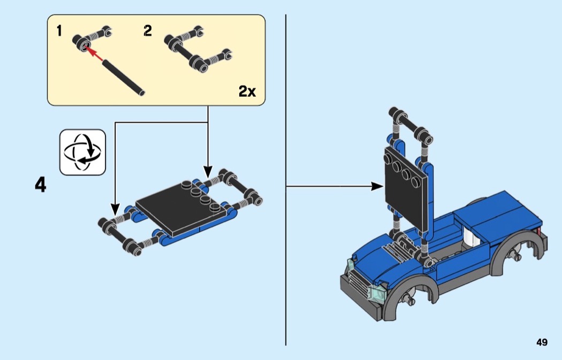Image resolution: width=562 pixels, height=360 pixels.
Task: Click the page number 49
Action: [542, 342]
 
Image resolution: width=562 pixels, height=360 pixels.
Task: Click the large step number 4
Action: [41, 185]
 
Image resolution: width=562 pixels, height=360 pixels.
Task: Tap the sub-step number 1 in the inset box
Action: [59, 31]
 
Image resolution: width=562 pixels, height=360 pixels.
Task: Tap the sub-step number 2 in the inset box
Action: [148, 31]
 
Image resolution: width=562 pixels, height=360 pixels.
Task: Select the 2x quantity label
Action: [247, 91]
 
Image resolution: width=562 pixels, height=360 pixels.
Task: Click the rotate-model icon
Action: [82, 152]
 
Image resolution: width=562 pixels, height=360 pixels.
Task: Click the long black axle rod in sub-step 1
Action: [124, 78]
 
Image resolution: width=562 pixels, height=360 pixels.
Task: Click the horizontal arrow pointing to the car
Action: [335, 186]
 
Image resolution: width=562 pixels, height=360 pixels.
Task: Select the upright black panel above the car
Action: [406, 190]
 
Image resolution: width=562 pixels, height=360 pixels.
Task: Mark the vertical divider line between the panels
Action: [286, 180]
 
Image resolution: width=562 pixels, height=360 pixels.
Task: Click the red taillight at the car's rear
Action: [538, 231]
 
